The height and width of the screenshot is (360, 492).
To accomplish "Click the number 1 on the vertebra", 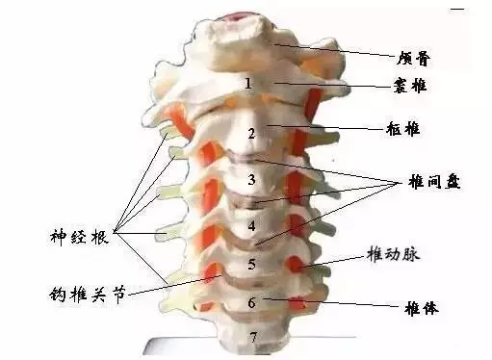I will point(248,85).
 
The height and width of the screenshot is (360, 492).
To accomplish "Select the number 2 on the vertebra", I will point(251,133).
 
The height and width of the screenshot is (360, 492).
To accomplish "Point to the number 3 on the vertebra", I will point(251,180).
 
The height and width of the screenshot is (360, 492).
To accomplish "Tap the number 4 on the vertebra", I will point(251,227).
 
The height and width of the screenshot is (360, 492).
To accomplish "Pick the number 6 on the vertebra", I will point(251,302).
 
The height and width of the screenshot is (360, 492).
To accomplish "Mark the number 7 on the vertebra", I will point(253,336).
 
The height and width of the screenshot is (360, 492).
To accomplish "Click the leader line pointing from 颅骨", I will point(337,49).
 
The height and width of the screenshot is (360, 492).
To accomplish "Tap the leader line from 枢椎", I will point(327,127).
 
